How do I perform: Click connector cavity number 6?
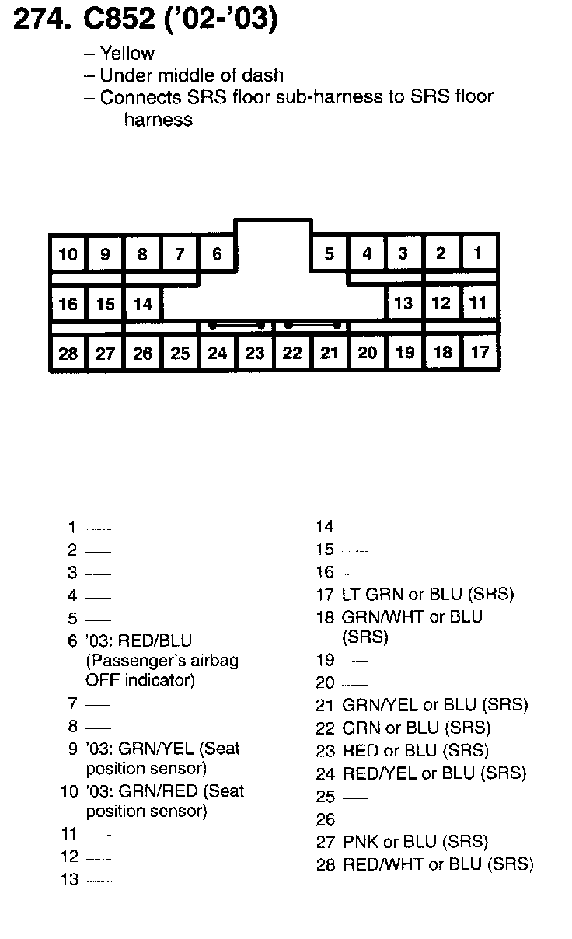tap(217, 254)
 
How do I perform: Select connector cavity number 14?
tap(143, 304)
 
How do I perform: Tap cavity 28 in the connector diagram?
tap(68, 354)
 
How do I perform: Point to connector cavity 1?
tap(479, 253)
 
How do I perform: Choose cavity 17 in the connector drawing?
tap(480, 353)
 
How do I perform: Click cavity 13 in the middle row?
tap(403, 303)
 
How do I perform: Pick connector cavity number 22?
tap(292, 354)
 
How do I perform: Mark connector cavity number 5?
tap(330, 254)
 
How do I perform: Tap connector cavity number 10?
tap(68, 254)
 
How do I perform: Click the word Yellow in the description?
tap(127, 54)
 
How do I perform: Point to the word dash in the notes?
tap(267, 75)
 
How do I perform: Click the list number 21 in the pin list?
tap(324, 706)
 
